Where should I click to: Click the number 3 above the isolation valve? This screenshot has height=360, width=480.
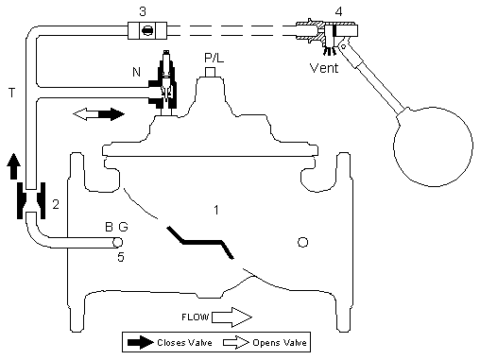click(143, 12)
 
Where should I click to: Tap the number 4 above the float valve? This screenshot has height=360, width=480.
click(338, 12)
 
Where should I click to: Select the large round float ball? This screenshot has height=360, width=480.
click(433, 146)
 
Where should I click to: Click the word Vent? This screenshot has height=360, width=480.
click(324, 68)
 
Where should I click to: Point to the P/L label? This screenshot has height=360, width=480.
click(214, 58)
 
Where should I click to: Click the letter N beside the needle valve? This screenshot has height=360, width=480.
click(136, 72)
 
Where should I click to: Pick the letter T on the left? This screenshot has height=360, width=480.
click(11, 94)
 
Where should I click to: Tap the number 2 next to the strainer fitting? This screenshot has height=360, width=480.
click(56, 205)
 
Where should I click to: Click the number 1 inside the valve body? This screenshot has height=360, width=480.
click(216, 210)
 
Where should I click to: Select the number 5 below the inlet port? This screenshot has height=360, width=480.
click(121, 257)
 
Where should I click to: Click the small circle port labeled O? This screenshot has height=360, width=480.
click(302, 242)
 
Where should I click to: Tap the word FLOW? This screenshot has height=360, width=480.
click(196, 317)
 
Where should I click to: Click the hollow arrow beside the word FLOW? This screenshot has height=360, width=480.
click(231, 317)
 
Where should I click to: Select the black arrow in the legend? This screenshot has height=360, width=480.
click(141, 342)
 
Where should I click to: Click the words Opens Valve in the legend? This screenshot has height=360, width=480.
click(280, 343)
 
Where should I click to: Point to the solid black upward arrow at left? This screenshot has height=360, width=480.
click(13, 166)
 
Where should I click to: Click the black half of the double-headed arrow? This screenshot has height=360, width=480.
click(111, 114)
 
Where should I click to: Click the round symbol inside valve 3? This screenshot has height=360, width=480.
click(147, 30)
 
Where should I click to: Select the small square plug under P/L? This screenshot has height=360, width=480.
click(210, 72)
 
